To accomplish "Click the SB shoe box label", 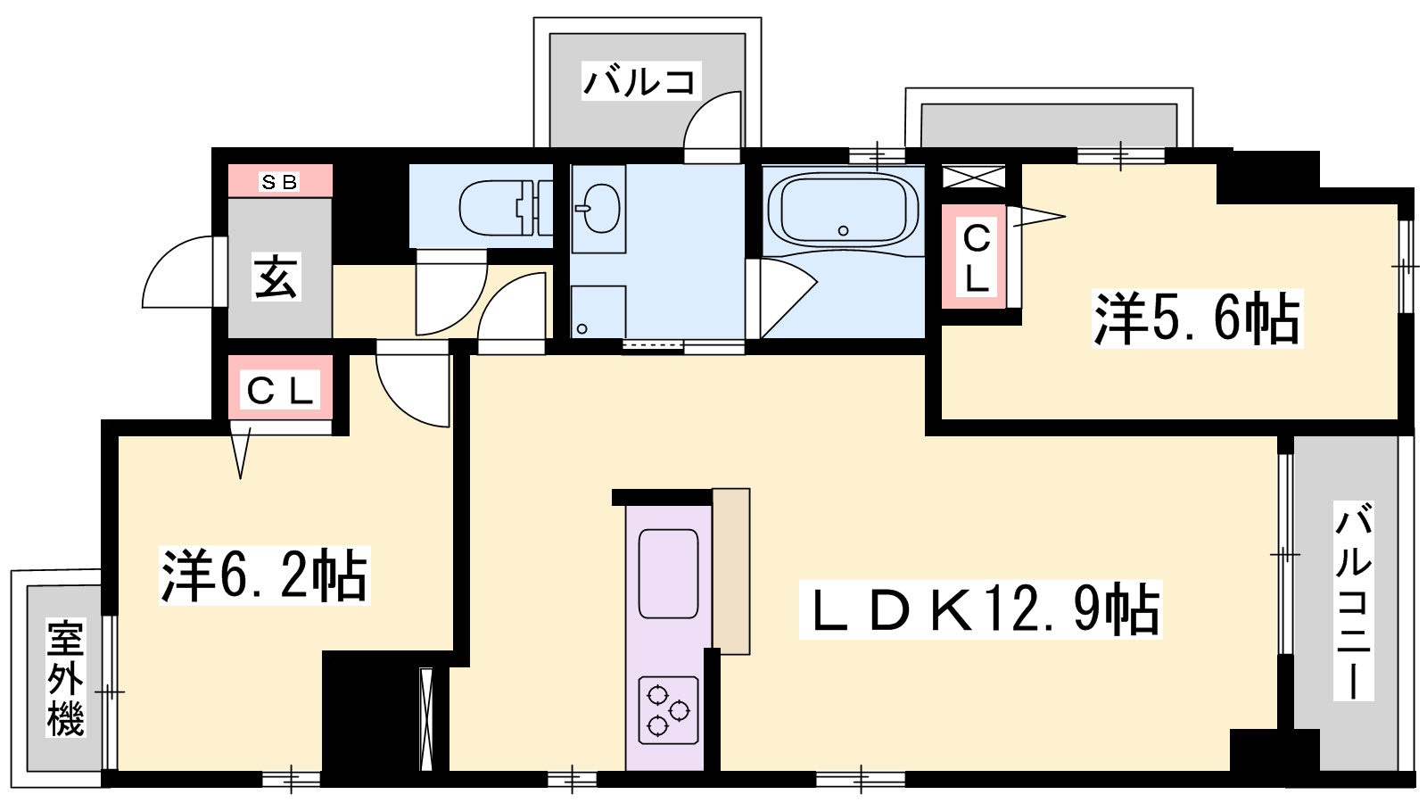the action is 280,182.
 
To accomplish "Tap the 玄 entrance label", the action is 276,277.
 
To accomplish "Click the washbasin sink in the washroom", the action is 598,209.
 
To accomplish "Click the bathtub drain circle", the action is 844,231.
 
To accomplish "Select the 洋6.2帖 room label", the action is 264,575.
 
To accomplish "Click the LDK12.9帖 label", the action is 981,609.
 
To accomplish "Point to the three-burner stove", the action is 668,710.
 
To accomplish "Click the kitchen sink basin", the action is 668,574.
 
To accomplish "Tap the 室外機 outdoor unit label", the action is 66,679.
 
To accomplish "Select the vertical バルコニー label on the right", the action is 1353,601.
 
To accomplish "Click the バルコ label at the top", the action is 640,82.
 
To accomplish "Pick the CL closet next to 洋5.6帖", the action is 974,257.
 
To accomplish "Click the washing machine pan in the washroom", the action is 598,311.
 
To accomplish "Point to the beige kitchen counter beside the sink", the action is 730,571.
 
